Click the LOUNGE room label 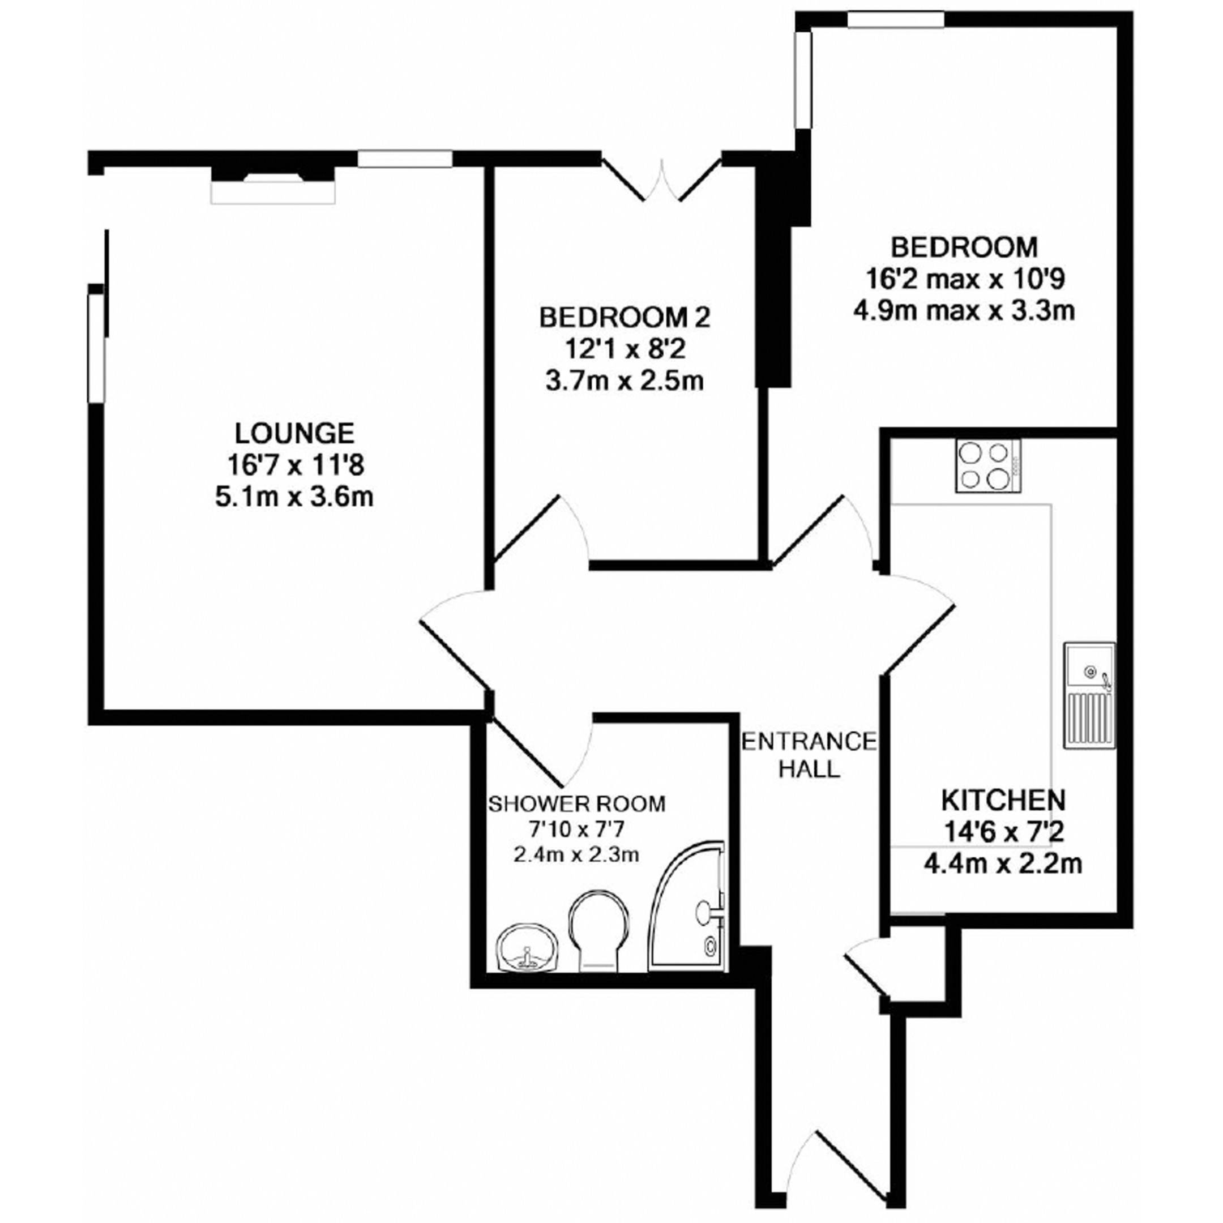pos(294,434)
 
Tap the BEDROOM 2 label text pos(625,317)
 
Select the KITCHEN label pos(1003,800)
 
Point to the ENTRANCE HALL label pos(809,755)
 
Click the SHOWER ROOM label pos(577,803)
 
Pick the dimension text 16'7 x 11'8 pos(295,466)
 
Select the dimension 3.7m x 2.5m pos(625,382)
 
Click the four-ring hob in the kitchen pos(988,466)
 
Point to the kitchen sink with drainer pos(1089,696)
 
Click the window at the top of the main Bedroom pos(896,20)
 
